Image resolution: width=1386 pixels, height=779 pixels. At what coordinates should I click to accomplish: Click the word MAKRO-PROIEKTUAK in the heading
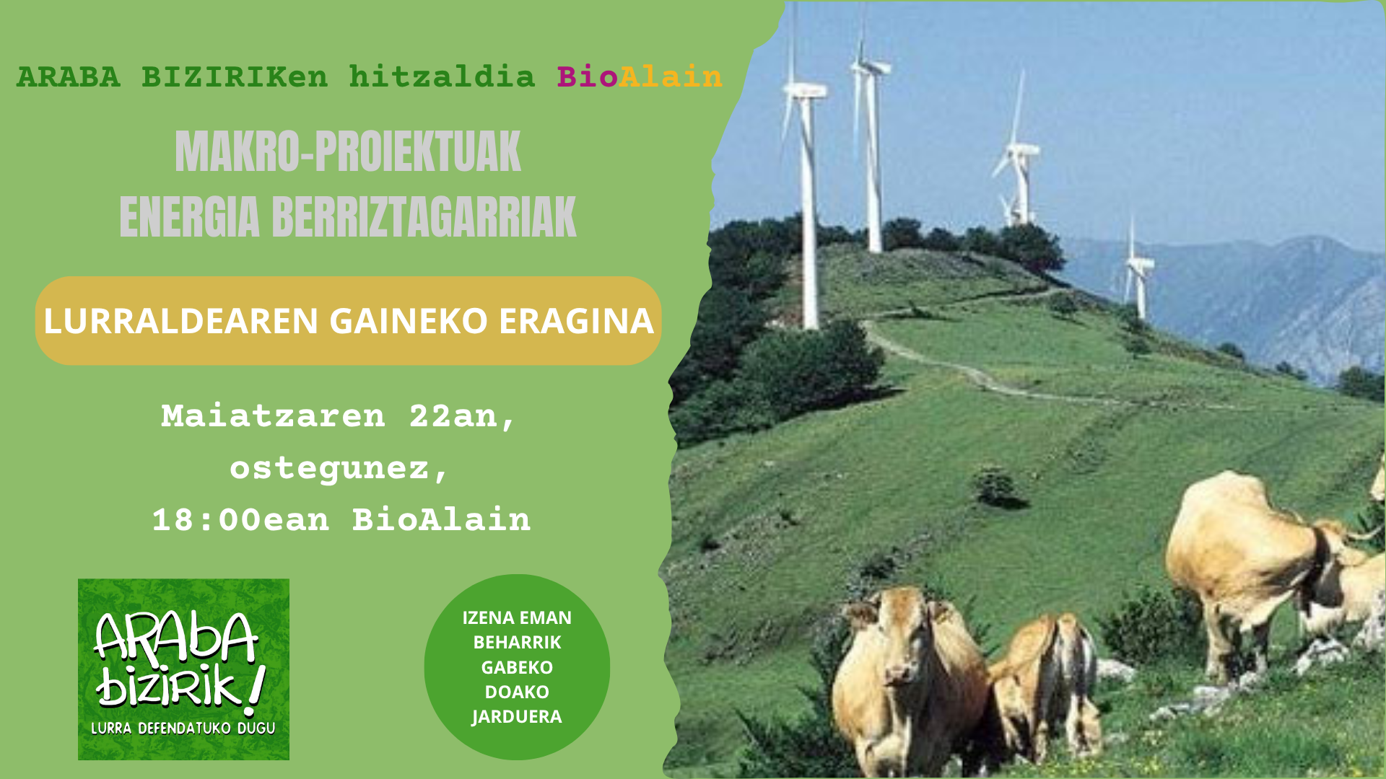point(348,151)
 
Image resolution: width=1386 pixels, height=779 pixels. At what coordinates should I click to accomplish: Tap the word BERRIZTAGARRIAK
point(424,216)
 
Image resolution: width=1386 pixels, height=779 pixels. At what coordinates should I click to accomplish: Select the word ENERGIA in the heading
point(189,216)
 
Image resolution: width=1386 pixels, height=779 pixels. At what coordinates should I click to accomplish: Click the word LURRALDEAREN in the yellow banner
point(180,321)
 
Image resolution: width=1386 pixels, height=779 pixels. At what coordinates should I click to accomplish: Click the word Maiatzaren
point(273,416)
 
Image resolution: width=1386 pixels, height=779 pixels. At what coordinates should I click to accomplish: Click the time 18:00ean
point(240,519)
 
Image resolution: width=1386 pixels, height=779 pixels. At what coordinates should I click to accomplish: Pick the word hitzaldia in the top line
point(442,76)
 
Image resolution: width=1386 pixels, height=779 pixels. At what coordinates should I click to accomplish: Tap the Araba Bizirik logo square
point(183,669)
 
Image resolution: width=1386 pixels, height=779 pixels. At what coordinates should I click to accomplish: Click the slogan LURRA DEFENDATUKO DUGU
point(183,729)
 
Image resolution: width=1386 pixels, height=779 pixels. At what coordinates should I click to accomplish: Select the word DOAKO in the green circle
point(517,692)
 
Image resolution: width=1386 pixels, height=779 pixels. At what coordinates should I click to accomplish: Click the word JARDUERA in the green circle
point(517,716)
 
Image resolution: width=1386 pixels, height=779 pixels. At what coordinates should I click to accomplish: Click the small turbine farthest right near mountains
point(1137,270)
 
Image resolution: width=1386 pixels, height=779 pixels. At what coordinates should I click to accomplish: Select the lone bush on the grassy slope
point(996,487)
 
